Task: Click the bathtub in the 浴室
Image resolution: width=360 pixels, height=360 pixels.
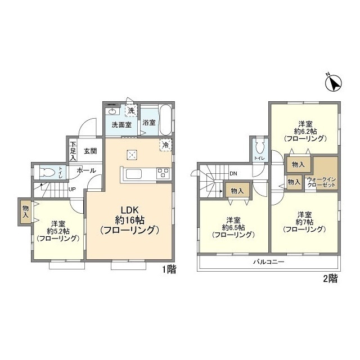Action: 165,120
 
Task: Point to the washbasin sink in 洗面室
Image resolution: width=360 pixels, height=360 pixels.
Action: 112,111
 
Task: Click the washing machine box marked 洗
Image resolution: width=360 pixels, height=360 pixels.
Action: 131,110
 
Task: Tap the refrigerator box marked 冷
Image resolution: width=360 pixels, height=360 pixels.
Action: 165,145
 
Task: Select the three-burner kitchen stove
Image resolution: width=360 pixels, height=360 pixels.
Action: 163,173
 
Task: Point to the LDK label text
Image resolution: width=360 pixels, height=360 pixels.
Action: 130,210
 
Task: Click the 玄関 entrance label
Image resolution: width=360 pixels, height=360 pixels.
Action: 90,151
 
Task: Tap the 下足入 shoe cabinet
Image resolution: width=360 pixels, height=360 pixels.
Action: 73,151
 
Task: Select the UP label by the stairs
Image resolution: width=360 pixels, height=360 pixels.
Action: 72,190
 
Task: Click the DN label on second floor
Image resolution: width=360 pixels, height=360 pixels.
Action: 233,174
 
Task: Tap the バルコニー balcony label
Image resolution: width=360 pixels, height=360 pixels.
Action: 269,262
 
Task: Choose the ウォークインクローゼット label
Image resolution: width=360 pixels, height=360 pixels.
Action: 321,182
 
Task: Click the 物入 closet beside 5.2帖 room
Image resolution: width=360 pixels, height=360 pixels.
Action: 25,211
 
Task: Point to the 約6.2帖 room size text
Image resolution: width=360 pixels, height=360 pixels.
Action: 305,132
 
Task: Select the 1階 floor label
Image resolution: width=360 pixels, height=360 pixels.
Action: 169,269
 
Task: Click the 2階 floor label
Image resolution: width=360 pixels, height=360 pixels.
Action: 331,278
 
